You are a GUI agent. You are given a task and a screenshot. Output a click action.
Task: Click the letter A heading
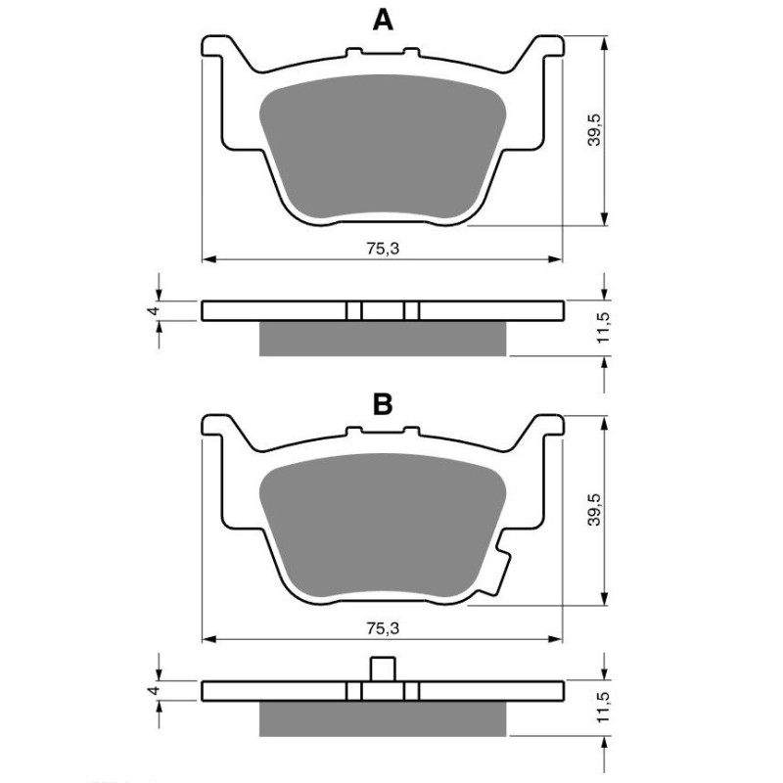(383, 20)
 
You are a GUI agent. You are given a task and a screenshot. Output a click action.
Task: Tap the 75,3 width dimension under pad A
(383, 249)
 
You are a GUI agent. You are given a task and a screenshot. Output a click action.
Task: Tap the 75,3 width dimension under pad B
(383, 627)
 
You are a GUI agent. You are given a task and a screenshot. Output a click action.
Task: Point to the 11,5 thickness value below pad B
(605, 708)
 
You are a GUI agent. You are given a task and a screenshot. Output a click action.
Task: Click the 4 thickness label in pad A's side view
(152, 311)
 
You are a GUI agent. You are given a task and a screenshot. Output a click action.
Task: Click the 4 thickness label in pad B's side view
(152, 691)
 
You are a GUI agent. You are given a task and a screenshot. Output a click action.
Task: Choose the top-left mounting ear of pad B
(219, 428)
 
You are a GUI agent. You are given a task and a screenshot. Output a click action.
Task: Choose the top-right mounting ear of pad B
(546, 428)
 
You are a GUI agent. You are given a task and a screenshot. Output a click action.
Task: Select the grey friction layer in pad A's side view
(383, 338)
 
